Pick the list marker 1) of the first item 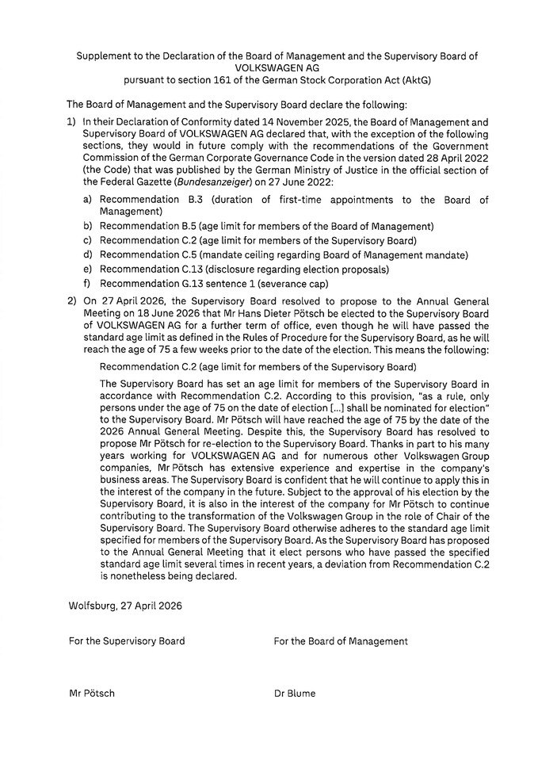click(x=71, y=122)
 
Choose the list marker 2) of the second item click(x=71, y=301)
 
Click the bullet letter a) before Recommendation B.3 click(x=89, y=200)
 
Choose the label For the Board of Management click(x=341, y=641)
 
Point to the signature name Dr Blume click(x=294, y=693)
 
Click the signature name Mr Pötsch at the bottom click(x=91, y=693)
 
